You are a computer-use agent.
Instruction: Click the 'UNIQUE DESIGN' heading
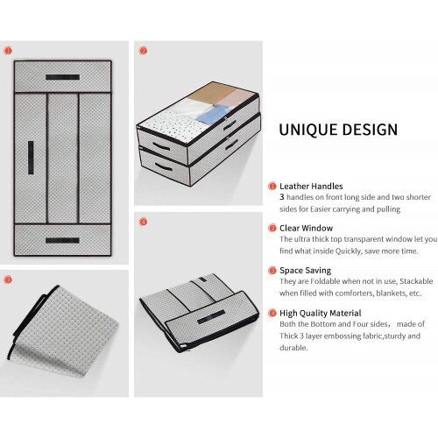point(338,130)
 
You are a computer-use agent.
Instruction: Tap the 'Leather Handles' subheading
point(311,186)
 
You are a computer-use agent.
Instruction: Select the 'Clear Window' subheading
point(306,228)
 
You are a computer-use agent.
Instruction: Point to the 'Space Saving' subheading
point(305,271)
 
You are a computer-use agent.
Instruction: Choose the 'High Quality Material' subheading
point(321,313)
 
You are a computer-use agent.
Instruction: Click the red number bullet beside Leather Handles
point(272,186)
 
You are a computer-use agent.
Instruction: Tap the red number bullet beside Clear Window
point(272,228)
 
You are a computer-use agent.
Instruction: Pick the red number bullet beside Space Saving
point(272,271)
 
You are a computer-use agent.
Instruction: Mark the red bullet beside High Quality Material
point(272,314)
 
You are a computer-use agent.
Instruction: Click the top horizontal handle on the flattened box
point(62,77)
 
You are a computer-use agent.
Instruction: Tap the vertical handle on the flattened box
point(31,158)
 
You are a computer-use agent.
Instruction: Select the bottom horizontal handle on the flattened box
point(62,240)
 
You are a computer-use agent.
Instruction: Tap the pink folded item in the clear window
point(236,97)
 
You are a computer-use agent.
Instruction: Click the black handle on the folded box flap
point(211,317)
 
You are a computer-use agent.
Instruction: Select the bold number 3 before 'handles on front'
point(282,197)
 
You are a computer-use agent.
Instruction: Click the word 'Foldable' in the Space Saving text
point(325,281)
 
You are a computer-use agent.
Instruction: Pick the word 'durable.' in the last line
point(293,348)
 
